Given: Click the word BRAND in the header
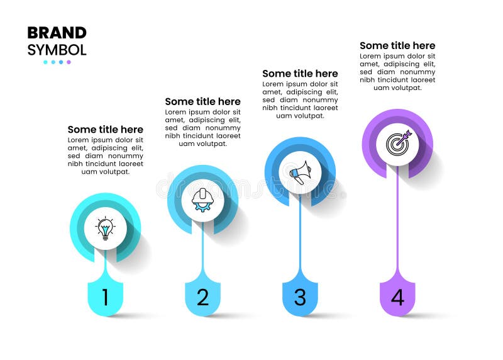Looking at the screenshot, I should (57, 33).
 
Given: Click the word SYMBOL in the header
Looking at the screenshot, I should (57, 49).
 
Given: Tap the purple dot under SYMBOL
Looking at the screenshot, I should (69, 62).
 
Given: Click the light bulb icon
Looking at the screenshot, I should (105, 228).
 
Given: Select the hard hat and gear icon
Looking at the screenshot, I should (202, 200).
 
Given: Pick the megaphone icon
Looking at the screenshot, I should (300, 172).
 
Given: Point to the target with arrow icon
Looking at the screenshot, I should (398, 143).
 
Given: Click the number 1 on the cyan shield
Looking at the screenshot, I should (105, 297).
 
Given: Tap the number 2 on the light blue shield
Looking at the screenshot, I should (202, 297).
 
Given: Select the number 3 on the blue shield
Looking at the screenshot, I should (300, 297).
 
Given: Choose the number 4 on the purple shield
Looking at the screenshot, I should (397, 297).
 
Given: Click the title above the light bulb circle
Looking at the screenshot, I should (105, 130).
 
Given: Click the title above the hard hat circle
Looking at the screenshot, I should (202, 101).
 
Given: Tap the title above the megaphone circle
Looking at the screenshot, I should (300, 74).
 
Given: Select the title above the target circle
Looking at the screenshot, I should (397, 45).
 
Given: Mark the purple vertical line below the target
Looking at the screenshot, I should (397, 220).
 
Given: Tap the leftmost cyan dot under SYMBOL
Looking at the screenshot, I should (45, 62).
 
